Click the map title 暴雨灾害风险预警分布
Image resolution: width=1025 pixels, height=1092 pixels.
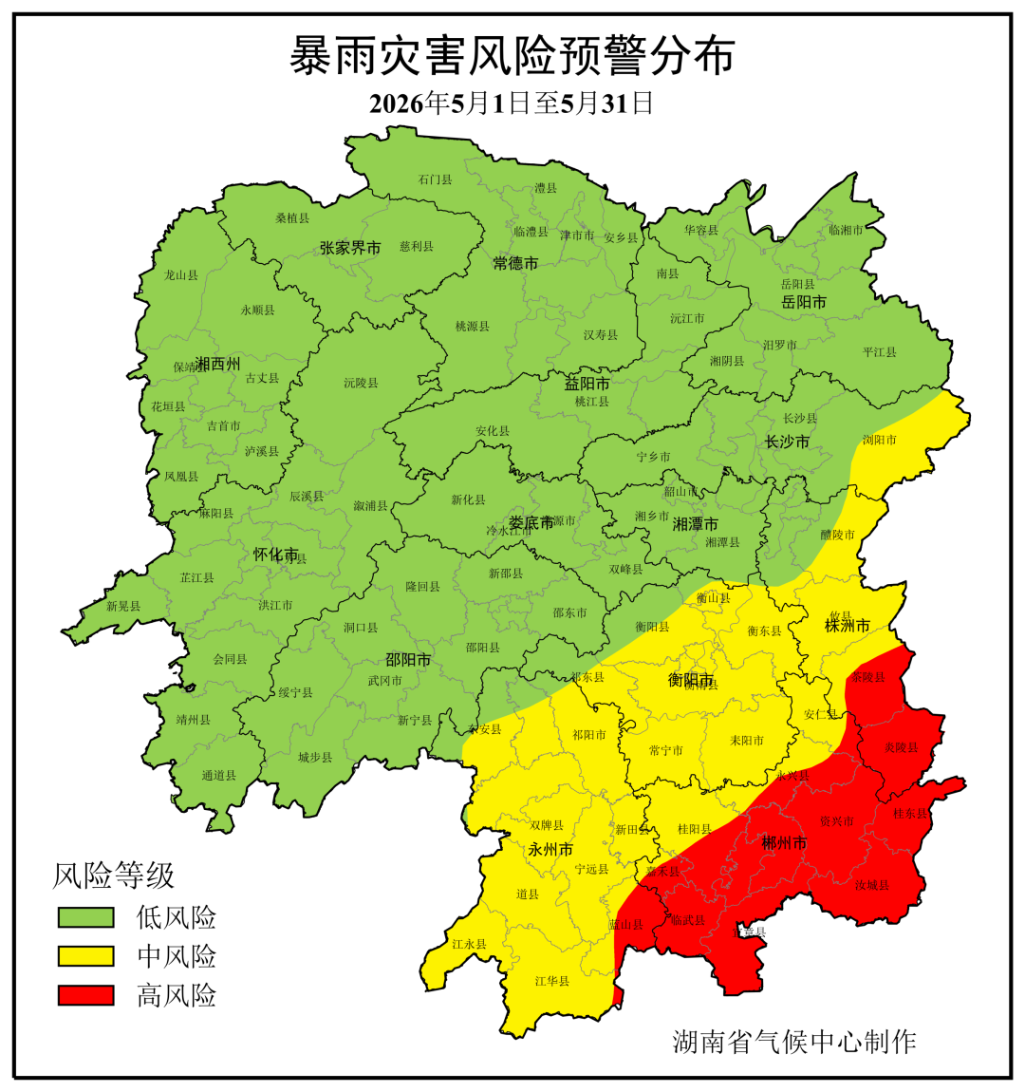[512, 56]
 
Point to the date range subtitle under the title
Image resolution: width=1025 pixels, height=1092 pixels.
[512, 103]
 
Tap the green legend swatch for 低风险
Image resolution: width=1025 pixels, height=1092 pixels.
[85, 917]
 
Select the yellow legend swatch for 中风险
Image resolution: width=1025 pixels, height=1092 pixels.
[85, 956]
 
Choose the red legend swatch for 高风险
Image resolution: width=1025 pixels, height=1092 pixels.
[85, 995]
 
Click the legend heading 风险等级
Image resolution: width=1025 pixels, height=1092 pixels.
[113, 875]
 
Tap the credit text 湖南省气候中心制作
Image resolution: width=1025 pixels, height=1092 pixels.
[794, 1042]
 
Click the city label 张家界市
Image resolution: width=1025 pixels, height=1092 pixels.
[350, 248]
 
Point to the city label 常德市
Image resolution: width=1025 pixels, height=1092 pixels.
[515, 263]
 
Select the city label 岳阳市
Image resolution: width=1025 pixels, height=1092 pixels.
[804, 302]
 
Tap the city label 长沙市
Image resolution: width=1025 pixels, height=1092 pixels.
[788, 442]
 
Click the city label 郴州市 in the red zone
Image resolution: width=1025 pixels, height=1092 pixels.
[785, 842]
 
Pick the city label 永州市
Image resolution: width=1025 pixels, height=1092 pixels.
[550, 849]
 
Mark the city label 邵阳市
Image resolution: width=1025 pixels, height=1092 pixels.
[408, 659]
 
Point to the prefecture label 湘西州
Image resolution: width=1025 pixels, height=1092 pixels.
[218, 364]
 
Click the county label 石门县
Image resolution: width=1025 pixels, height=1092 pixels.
[435, 179]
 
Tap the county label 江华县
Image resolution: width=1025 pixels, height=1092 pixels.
[551, 981]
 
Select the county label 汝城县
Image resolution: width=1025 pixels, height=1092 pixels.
[871, 886]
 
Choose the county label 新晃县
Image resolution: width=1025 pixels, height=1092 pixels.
[123, 606]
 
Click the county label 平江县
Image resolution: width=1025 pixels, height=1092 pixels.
[879, 352]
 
